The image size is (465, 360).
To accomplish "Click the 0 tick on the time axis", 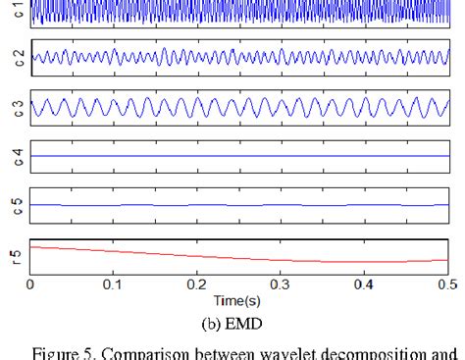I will click(31, 283).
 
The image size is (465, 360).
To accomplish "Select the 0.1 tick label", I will click(114, 283).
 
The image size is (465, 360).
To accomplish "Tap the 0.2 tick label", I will click(197, 283).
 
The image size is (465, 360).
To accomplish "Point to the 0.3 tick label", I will click(281, 283).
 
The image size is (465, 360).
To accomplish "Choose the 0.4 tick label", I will click(364, 283).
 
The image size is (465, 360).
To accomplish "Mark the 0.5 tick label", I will click(444, 283).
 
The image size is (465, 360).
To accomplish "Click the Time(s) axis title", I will click(238, 298).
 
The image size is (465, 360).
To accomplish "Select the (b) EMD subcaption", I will click(238, 319).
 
